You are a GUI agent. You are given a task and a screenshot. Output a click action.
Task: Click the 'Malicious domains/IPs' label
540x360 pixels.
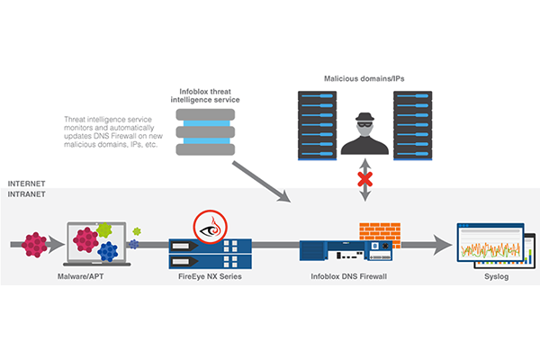point(364,80)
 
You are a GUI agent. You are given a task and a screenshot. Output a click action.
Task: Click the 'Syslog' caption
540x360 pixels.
point(497,276)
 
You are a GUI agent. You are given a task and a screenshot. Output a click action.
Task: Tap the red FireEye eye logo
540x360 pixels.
point(209,225)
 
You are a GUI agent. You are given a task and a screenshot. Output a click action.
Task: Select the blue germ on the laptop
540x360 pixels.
point(108,250)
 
